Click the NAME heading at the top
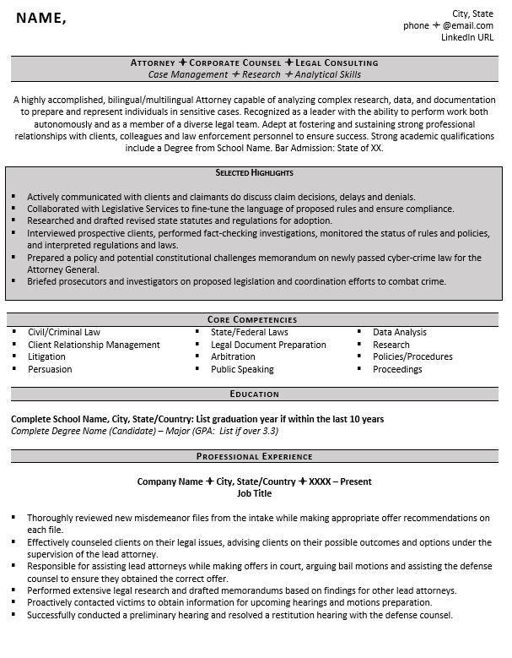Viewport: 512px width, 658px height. point(40,19)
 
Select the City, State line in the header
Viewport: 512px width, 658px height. point(473,14)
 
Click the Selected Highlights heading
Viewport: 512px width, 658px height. point(254,172)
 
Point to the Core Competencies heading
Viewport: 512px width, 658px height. point(252,320)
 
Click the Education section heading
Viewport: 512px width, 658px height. point(254,394)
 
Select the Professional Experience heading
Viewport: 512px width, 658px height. point(254,457)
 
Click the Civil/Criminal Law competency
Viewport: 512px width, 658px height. point(64,333)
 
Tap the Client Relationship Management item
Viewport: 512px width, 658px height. point(94,345)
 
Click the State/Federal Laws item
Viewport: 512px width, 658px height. point(250,333)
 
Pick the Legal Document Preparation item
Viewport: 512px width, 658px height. point(268,345)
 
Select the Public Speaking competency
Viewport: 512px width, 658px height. point(242,370)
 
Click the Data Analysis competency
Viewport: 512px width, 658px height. point(400,333)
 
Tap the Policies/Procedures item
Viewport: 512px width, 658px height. point(412,357)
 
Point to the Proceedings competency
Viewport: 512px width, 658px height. point(397,370)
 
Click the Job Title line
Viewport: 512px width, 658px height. point(254,493)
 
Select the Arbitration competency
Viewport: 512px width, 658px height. point(233,357)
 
